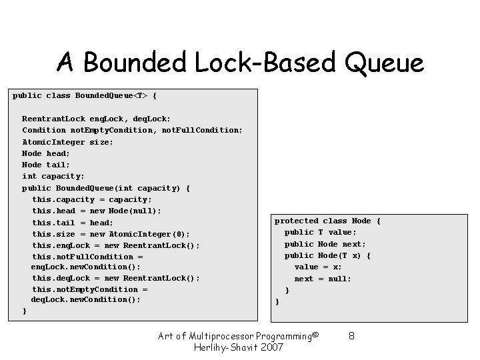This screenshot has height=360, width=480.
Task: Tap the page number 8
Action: [351, 336]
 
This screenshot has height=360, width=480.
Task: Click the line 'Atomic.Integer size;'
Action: [68, 142]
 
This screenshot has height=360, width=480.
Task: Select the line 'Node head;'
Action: [46, 153]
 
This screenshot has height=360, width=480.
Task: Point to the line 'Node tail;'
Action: [46, 165]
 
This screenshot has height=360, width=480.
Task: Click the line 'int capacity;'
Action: [53, 177]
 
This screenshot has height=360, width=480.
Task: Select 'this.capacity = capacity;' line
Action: [92, 199]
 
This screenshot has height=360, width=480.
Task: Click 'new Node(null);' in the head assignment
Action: [125, 211]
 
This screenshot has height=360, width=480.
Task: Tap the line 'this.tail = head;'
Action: [73, 223]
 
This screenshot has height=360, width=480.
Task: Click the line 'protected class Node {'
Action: [327, 221]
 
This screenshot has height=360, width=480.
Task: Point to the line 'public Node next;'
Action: [325, 244]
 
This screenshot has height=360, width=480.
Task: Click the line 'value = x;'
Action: [319, 267]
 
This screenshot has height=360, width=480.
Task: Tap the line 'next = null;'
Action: [323, 279]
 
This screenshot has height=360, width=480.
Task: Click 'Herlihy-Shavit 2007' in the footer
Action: [238, 347]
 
